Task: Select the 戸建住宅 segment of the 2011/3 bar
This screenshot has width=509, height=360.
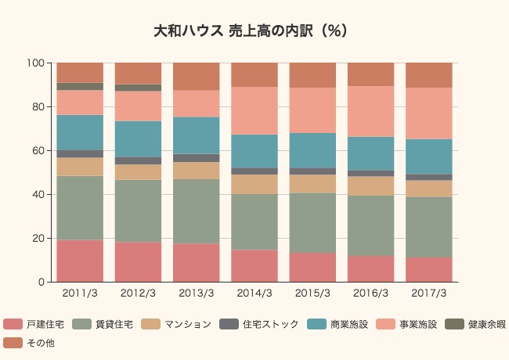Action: tap(80, 261)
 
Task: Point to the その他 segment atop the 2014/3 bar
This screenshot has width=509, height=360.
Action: tap(254, 74)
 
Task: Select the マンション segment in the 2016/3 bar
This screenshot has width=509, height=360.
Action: tap(371, 185)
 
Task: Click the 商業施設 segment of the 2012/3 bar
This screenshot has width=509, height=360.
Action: tap(138, 139)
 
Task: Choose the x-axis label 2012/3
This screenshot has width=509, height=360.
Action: tap(138, 293)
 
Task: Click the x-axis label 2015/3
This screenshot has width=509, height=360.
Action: tap(312, 293)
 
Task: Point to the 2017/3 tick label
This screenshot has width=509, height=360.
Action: tap(429, 293)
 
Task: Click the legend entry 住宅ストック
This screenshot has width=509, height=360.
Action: tap(270, 324)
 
